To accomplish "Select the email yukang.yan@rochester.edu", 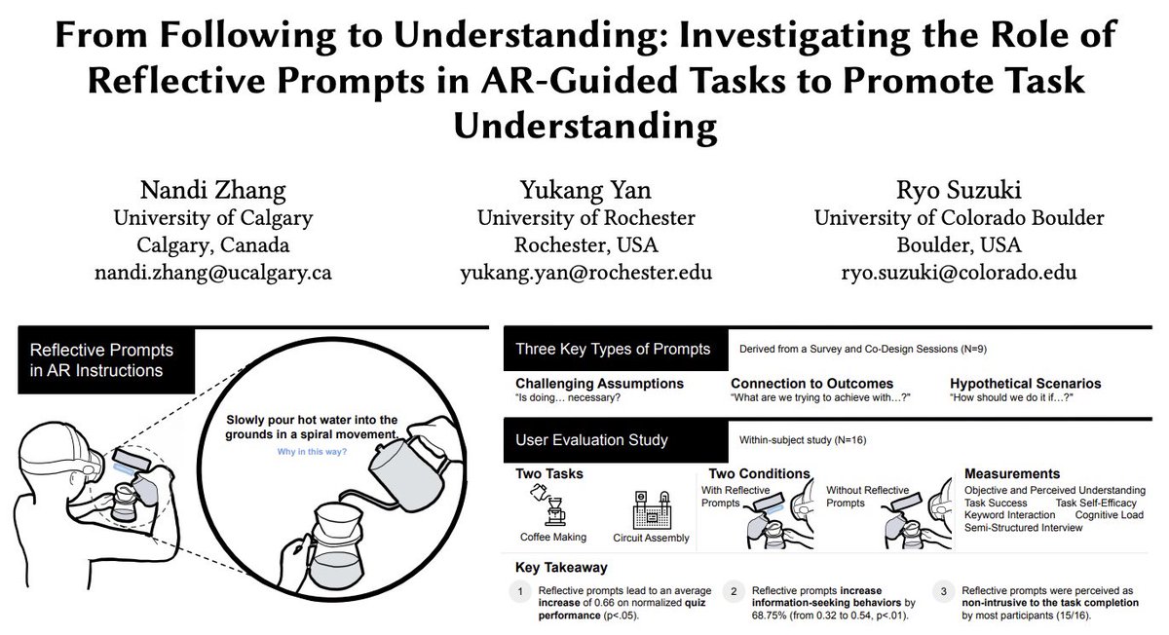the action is coord(585,273).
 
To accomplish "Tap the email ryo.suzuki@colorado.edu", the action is coord(946,273).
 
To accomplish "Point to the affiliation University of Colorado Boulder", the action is coord(946,216).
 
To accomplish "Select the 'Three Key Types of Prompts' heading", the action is coord(613,349).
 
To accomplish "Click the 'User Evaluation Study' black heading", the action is coord(592,440).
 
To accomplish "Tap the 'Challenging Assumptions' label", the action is coord(600,384).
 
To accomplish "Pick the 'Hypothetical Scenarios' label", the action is coord(1026,384).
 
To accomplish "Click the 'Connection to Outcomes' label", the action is coord(811,384).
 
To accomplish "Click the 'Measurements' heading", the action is coord(1012,473).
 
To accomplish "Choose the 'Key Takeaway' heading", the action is coord(559,566).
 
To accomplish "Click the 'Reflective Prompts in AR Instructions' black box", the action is coord(105,359).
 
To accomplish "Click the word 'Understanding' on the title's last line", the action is coord(585,126).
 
